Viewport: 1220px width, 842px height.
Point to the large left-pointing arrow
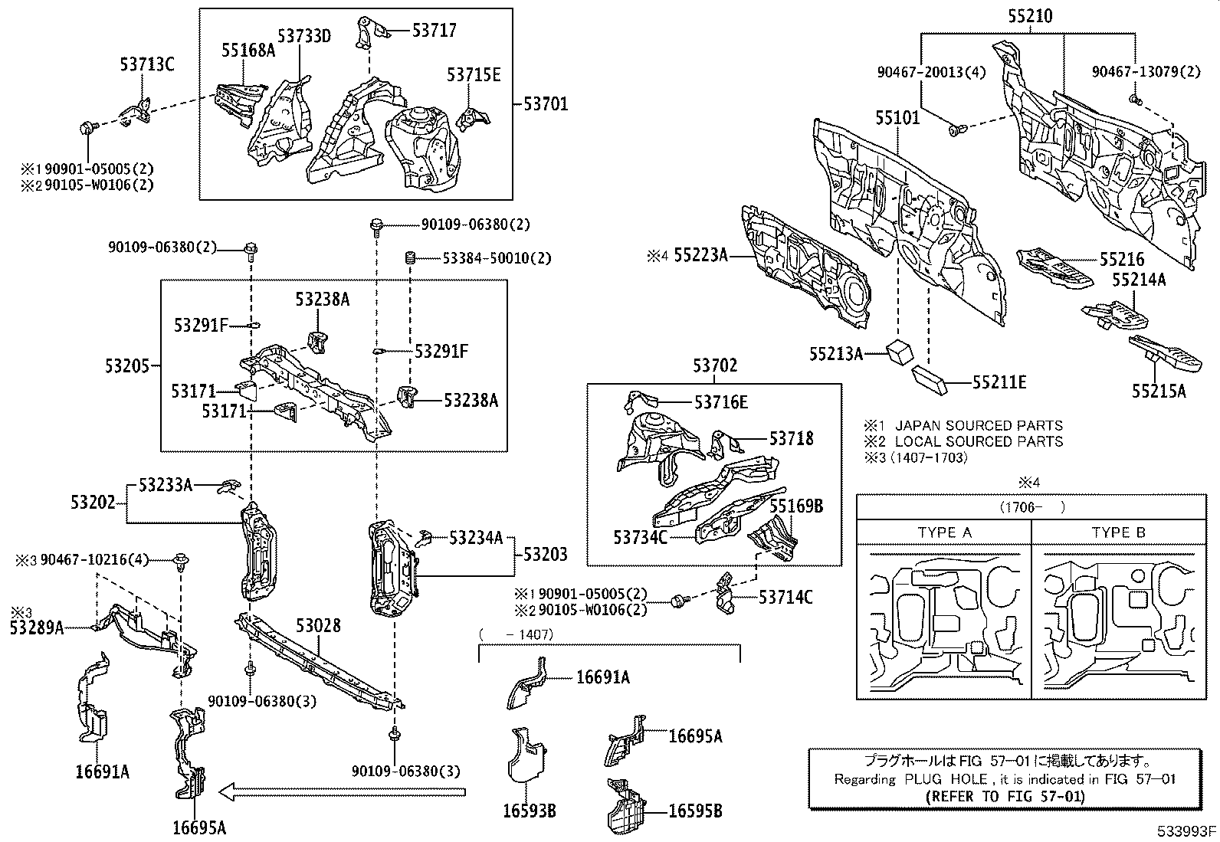pyautogui.click(x=341, y=791)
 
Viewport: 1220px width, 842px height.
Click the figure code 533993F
pyautogui.click(x=1188, y=831)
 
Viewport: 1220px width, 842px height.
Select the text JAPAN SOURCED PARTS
pyautogui.click(x=979, y=425)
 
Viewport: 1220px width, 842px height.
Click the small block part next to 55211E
pyautogui.click(x=930, y=378)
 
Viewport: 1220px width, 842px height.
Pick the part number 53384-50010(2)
pyautogui.click(x=497, y=258)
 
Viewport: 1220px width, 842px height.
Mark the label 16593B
pyautogui.click(x=529, y=810)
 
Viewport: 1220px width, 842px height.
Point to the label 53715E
pyautogui.click(x=474, y=74)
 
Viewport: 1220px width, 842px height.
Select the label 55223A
pyautogui.click(x=700, y=254)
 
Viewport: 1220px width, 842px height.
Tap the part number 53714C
pyautogui.click(x=785, y=597)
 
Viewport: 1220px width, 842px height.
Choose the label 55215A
pyautogui.click(x=1158, y=391)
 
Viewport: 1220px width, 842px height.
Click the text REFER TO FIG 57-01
pyautogui.click(x=1005, y=795)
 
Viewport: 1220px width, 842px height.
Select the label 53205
pyautogui.click(x=127, y=365)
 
